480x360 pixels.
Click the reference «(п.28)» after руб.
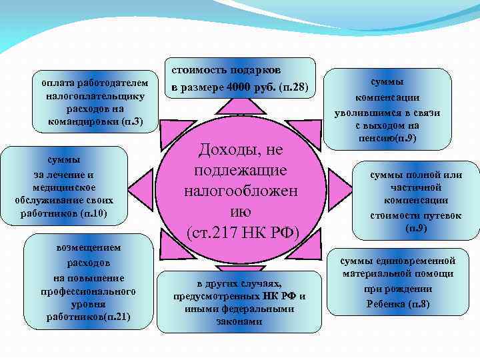pyautogui.click(x=294, y=87)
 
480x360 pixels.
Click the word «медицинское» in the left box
pyautogui.click(x=64, y=187)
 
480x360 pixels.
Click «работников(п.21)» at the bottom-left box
pyautogui.click(x=89, y=316)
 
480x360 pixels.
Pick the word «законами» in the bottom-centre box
pyautogui.click(x=239, y=321)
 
